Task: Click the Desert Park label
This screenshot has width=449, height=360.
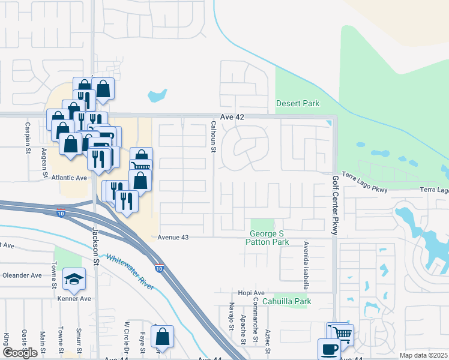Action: tap(298, 104)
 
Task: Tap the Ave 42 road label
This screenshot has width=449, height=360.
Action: tap(232, 117)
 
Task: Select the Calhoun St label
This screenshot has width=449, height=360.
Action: tap(212, 137)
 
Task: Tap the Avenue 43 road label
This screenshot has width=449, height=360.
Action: tap(173, 238)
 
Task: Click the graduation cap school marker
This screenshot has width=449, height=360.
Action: tap(74, 279)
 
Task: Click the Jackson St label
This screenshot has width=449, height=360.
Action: tap(95, 240)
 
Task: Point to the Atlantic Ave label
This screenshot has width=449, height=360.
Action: tap(69, 178)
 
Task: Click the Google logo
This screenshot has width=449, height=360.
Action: tap(20, 353)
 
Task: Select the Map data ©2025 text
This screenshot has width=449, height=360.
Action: tap(424, 355)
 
